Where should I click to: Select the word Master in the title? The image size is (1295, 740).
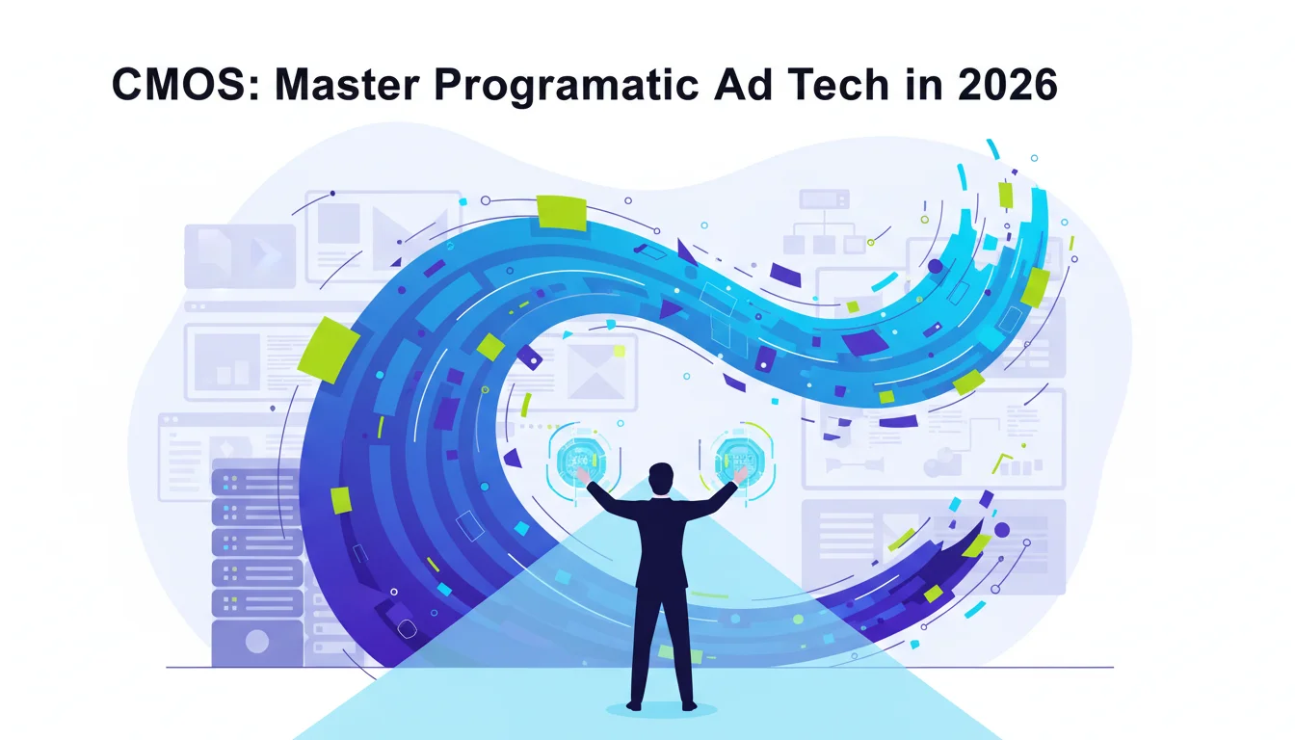click(347, 85)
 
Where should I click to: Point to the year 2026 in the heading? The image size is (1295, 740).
click(1007, 85)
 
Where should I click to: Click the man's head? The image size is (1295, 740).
click(661, 479)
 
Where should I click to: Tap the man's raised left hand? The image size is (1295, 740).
click(583, 476)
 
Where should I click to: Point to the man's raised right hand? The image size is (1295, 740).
click(740, 475)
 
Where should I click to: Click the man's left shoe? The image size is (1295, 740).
click(634, 706)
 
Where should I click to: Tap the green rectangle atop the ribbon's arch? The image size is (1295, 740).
click(562, 212)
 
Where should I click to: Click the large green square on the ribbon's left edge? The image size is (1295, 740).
click(329, 351)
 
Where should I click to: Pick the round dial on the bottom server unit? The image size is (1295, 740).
click(256, 641)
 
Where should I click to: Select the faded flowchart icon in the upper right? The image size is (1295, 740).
click(824, 222)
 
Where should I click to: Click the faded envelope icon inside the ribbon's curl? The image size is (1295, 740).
click(595, 371)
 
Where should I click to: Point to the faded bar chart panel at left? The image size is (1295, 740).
click(226, 362)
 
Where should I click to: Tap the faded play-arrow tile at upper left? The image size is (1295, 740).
click(240, 256)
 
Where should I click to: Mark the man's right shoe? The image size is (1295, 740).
click(689, 706)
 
